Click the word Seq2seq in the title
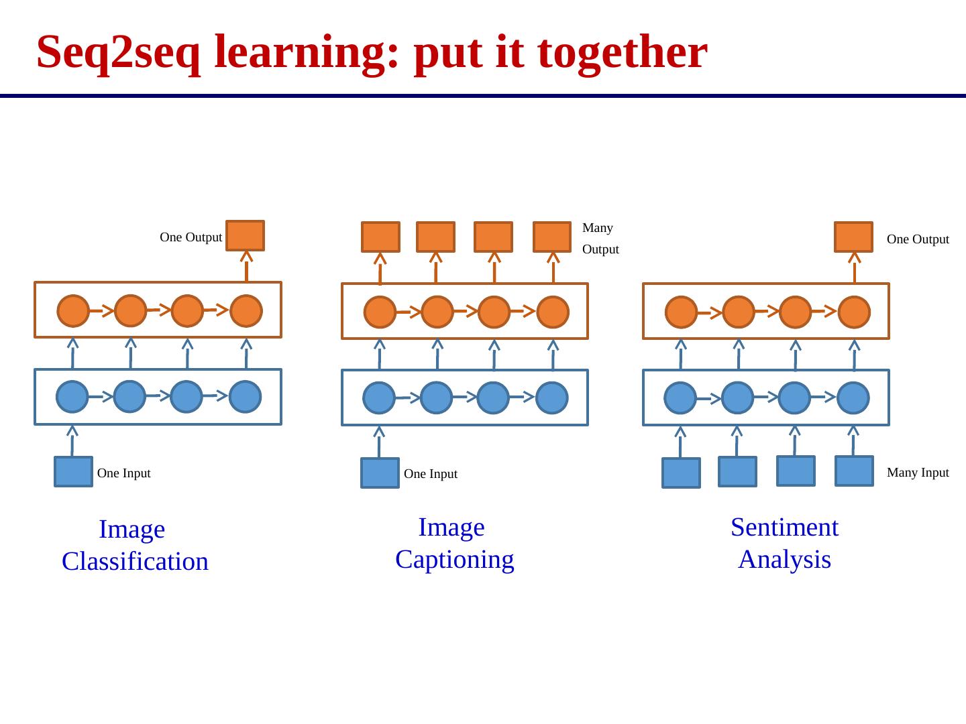coord(118,52)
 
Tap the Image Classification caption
coord(134,545)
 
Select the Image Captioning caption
coord(454,543)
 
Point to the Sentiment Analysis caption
coord(784,543)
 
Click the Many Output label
coord(600,239)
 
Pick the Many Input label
coord(917,473)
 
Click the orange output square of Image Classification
coord(246,235)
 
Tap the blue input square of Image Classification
coord(73,472)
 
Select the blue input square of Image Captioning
coord(380,473)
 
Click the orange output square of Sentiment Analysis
coord(853,237)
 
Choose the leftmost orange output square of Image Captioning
coord(380,237)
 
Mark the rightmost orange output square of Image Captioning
coord(552,237)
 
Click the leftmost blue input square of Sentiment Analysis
coord(681,473)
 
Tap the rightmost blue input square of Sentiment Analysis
coord(854,471)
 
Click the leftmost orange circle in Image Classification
coord(73,311)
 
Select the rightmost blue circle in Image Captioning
coord(552,398)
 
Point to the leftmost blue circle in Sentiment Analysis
coord(681,398)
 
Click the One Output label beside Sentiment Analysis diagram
coord(917,239)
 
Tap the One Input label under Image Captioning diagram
coord(430,474)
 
